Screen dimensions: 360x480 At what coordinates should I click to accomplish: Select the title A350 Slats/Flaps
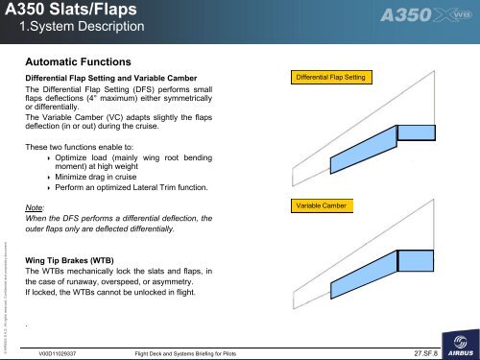click(x=61, y=12)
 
